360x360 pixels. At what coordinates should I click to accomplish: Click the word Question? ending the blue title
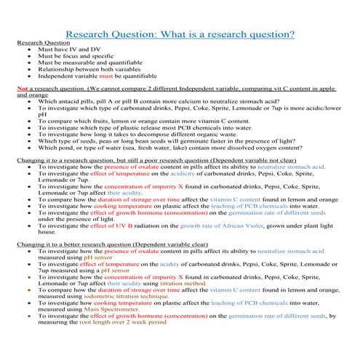269,35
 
